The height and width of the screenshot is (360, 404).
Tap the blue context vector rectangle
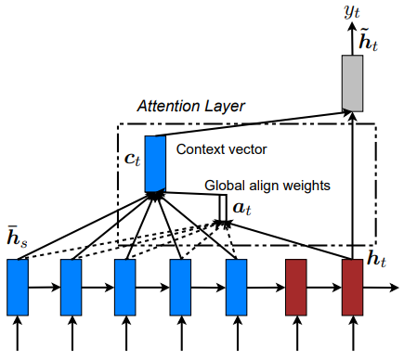155,160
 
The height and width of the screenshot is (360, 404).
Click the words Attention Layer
190,107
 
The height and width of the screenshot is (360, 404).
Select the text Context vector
215,148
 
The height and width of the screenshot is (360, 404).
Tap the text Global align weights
267,186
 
